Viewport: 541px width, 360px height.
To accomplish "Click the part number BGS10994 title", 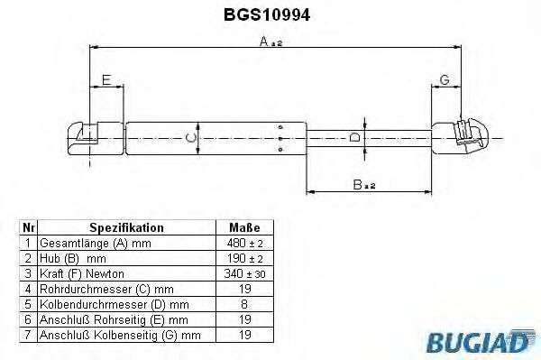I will click(x=267, y=15).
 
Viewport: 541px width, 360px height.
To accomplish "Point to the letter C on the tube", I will click(x=187, y=138).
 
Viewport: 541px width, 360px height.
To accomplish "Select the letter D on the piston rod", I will click(x=354, y=138).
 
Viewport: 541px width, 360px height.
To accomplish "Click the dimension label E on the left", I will click(x=106, y=80).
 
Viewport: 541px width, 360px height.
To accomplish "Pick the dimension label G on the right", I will click(x=445, y=80).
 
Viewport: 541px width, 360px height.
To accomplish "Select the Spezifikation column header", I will click(x=127, y=229).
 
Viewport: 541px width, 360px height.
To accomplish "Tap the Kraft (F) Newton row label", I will click(x=81, y=273).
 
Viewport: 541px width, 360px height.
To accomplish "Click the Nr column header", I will click(x=29, y=229).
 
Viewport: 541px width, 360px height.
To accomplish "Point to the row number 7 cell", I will click(x=29, y=334).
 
